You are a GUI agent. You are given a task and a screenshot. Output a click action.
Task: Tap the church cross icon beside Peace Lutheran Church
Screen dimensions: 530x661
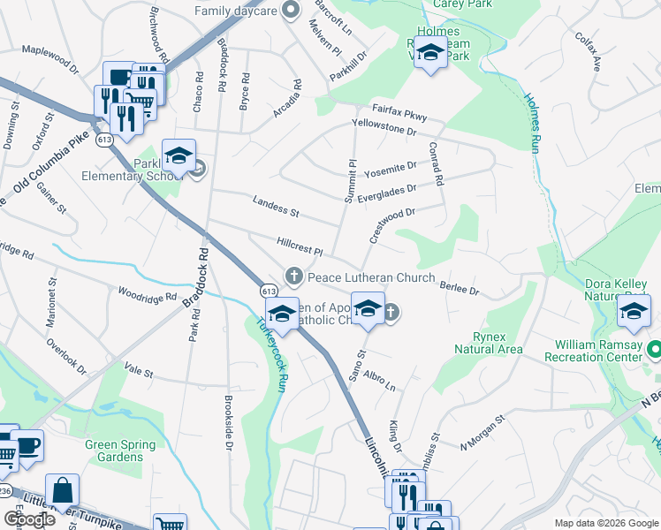point(293,276)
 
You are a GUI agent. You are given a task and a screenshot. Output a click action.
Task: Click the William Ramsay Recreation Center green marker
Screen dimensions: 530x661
point(654,349)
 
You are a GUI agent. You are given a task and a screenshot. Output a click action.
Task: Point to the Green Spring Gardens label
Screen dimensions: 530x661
point(114,450)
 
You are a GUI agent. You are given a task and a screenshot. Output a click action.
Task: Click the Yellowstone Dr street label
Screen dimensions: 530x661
point(384,127)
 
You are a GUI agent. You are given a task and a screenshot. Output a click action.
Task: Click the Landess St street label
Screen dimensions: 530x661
point(276,209)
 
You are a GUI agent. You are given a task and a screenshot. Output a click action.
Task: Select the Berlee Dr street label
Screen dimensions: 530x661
point(459,284)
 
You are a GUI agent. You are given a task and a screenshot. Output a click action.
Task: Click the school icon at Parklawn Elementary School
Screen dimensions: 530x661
point(179,156)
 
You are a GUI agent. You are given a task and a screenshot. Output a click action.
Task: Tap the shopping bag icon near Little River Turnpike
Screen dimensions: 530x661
point(62,490)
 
